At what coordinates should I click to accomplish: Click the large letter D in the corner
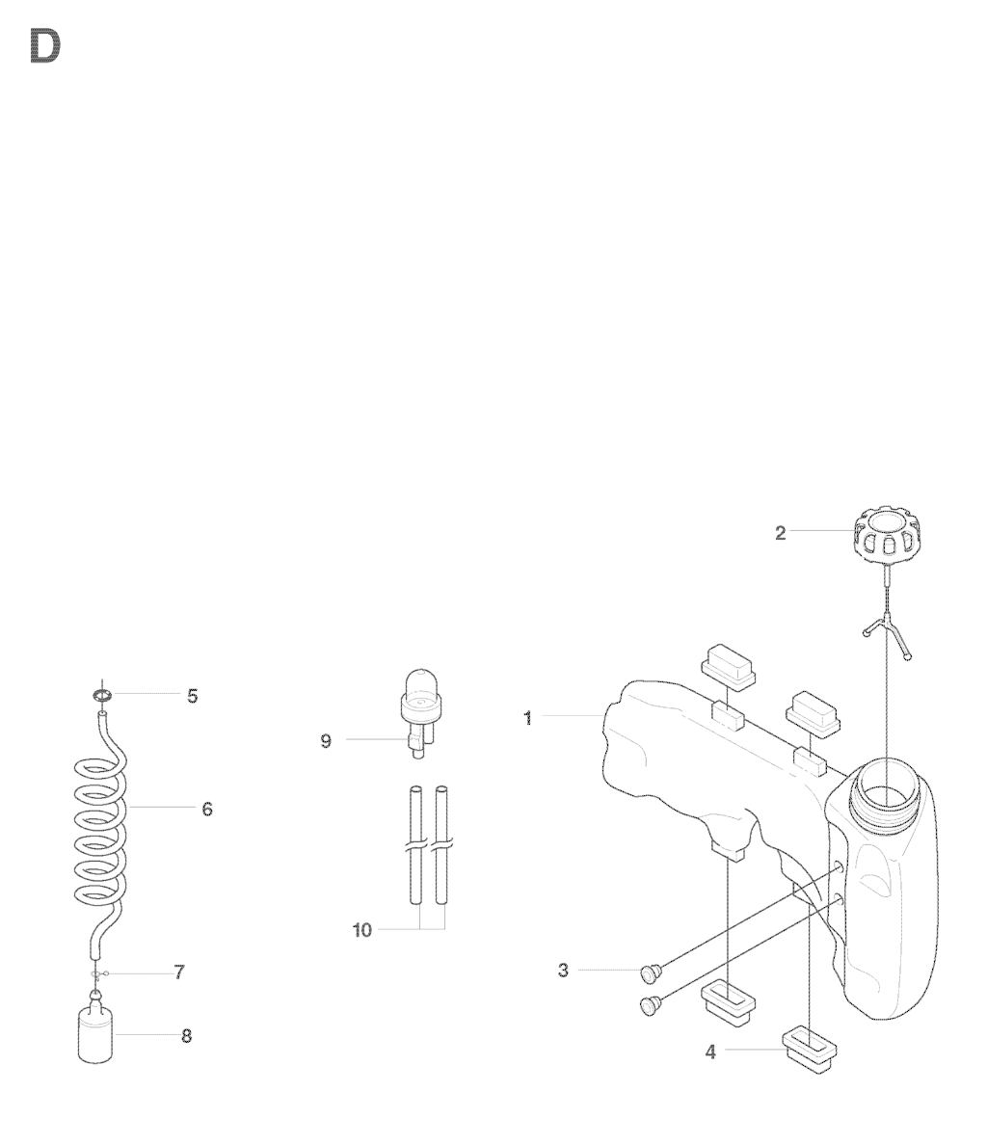[x=44, y=46]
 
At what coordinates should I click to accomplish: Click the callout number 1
[x=528, y=718]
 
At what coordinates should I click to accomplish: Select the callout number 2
[x=781, y=533]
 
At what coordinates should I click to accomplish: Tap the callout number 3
[x=563, y=971]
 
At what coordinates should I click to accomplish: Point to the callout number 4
[x=710, y=1052]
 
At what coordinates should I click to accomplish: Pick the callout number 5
[x=192, y=696]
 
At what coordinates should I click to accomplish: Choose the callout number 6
[x=207, y=809]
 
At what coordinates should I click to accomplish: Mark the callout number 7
[x=179, y=972]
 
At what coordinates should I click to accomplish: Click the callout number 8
[x=186, y=1036]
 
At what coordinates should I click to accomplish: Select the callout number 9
[x=326, y=741]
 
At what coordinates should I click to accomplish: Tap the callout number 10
[x=362, y=930]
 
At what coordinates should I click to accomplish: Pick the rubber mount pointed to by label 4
[x=809, y=1051]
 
